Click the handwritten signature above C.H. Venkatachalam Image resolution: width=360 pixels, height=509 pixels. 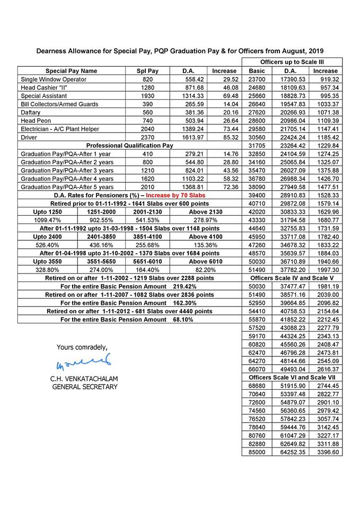pyautogui.click(x=82, y=364)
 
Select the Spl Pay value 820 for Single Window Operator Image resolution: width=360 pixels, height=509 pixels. pyautogui.click(x=148, y=80)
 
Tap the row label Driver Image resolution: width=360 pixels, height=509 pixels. pyautogui.click(x=29, y=137)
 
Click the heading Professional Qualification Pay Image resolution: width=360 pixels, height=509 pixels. pyautogui.click(x=129, y=145)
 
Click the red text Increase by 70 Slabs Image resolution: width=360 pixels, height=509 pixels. pyautogui.click(x=175, y=196)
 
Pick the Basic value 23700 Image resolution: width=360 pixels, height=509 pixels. pyautogui.click(x=257, y=80)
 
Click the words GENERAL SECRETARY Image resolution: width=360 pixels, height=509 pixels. pyautogui.click(x=84, y=387)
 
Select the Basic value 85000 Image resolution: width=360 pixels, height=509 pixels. pyautogui.click(x=257, y=452)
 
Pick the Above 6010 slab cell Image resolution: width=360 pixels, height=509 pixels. pyautogui.click(x=205, y=261)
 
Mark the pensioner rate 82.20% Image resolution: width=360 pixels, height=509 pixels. pyautogui.click(x=205, y=270)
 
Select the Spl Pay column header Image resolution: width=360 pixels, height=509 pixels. pyautogui.click(x=148, y=71)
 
